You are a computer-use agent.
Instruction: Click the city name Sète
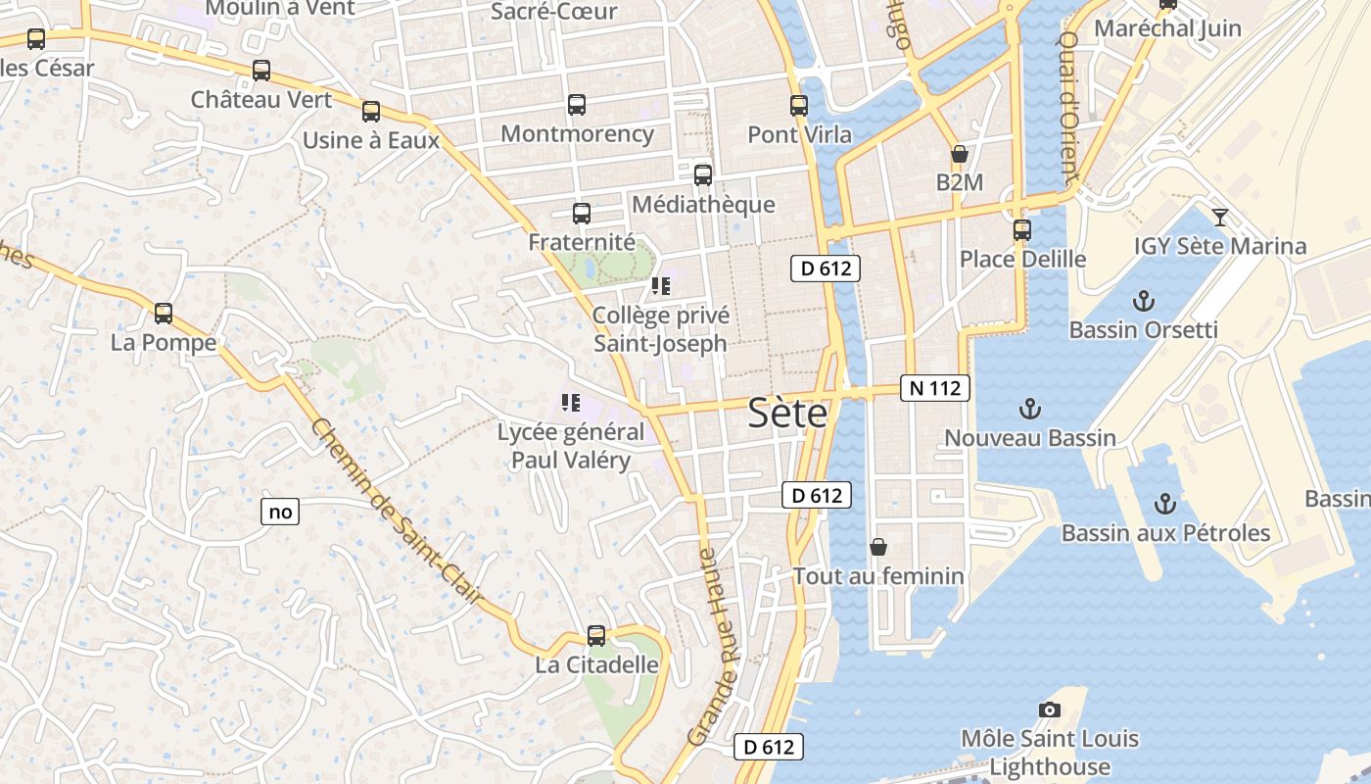pyautogui.click(x=787, y=413)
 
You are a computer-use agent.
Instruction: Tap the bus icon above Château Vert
pyautogui.click(x=261, y=71)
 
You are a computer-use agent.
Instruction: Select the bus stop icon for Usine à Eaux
pyautogui.click(x=371, y=112)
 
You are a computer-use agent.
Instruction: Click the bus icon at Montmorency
pyautogui.click(x=577, y=105)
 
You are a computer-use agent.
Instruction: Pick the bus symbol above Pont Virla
pyautogui.click(x=799, y=106)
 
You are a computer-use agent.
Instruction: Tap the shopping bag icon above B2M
pyautogui.click(x=960, y=154)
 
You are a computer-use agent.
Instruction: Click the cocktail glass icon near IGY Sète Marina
pyautogui.click(x=1220, y=217)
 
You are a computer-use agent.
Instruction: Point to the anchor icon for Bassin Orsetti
pyautogui.click(x=1143, y=300)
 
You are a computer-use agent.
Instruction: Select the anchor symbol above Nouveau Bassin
pyautogui.click(x=1029, y=408)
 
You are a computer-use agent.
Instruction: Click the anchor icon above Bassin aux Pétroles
pyautogui.click(x=1165, y=504)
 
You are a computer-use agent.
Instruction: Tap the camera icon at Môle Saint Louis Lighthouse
pyautogui.click(x=1050, y=710)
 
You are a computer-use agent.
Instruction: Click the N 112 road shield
pyautogui.click(x=935, y=388)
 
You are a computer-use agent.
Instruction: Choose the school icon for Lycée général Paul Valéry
pyautogui.click(x=571, y=402)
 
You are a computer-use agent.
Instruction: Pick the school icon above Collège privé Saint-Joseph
pyautogui.click(x=661, y=286)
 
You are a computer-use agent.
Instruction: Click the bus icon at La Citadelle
pyautogui.click(x=596, y=635)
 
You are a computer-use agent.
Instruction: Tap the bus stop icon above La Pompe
pyautogui.click(x=164, y=314)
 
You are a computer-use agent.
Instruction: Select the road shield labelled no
pyautogui.click(x=280, y=512)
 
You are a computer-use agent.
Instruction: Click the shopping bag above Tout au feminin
pyautogui.click(x=878, y=546)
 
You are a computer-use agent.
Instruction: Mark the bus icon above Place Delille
pyautogui.click(x=1022, y=229)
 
